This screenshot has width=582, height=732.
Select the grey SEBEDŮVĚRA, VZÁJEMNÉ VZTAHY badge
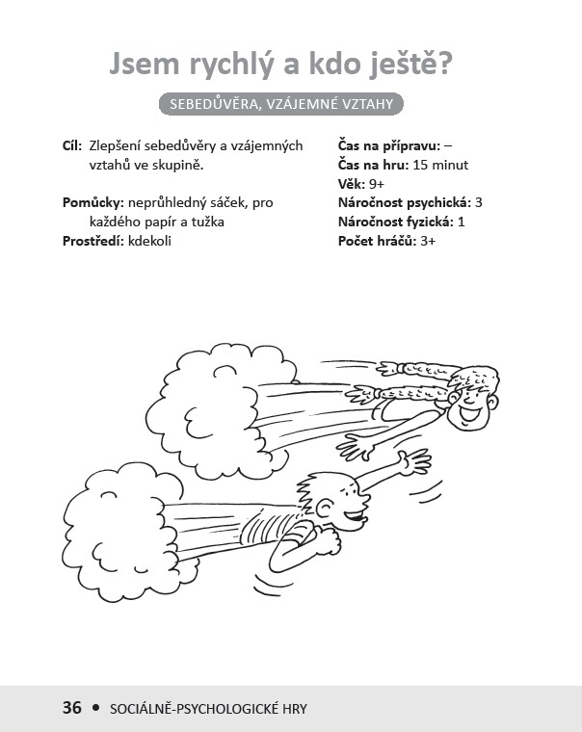click(281, 104)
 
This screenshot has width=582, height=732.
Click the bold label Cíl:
click(72, 145)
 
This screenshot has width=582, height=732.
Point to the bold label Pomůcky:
click(93, 203)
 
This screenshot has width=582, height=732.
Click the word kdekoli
click(149, 241)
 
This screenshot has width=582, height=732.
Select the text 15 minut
click(440, 165)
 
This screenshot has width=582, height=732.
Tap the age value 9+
click(377, 184)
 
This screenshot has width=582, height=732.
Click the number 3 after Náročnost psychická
click(478, 202)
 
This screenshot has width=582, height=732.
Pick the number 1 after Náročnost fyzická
click(461, 222)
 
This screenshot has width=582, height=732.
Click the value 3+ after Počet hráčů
click(428, 241)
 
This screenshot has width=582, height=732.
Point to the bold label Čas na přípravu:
click(389, 146)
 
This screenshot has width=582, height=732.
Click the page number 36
click(72, 707)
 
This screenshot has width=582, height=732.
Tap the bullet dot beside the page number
click(96, 707)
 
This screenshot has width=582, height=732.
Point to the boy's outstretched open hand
click(413, 462)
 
